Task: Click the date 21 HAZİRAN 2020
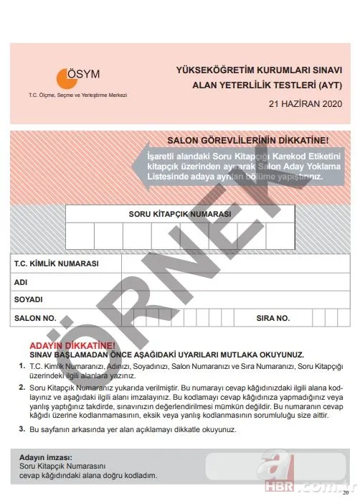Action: coord(302,104)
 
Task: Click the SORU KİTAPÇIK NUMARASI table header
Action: coord(180,214)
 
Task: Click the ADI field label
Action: coord(21,282)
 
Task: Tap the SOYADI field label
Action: coord(29,299)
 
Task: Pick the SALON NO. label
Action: coord(35,317)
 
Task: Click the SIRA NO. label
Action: coord(273,317)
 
